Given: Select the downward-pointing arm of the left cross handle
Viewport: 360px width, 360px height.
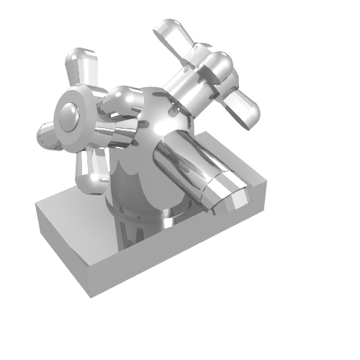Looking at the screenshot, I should point(92,173).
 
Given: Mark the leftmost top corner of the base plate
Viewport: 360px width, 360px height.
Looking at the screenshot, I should point(37,204).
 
